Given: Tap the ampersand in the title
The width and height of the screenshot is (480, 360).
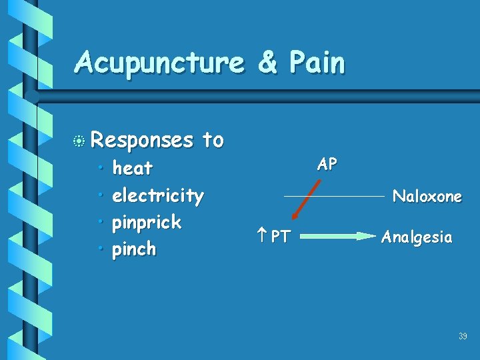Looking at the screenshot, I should point(267,63).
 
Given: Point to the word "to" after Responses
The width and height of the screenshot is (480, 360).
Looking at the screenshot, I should point(213,140).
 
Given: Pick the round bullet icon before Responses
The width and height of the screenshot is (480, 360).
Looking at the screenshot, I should point(80,141).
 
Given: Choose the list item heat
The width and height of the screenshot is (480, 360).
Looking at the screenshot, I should point(133,168).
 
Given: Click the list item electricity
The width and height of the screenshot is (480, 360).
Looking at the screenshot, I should point(158,195).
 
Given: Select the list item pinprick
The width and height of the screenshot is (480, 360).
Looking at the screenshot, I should point(147,222).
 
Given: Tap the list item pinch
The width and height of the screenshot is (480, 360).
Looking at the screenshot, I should point(134,249).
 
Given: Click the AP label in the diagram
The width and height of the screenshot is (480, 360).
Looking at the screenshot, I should point(327,165).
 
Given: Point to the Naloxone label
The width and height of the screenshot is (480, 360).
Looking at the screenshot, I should point(427,196).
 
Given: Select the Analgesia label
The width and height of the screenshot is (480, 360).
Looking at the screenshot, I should point(417,237).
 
